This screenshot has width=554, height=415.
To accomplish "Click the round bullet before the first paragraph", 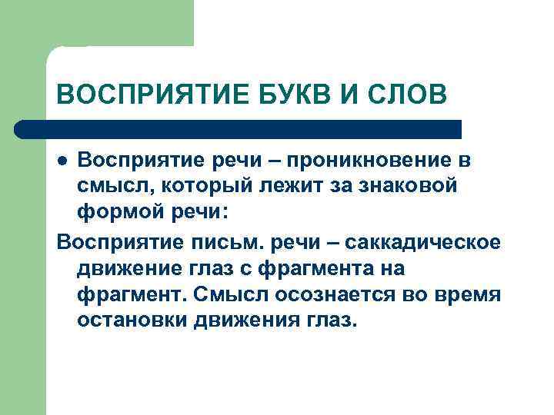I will click(63, 162).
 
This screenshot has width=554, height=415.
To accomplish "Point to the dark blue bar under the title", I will click(239, 128).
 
